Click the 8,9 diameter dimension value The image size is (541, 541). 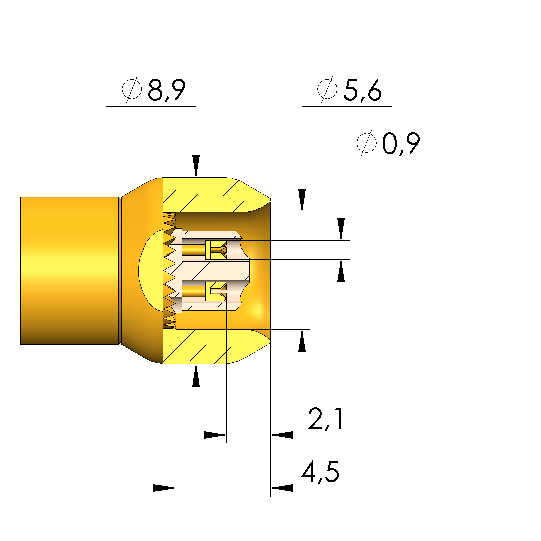tap(167, 90)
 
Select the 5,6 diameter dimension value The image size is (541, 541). tap(363, 90)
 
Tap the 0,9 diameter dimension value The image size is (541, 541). tap(401, 143)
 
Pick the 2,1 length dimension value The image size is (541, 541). tap(326, 419)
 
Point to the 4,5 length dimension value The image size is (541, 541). tap(320, 471)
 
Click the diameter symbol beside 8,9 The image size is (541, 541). tap(132, 89)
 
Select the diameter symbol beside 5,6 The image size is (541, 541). tap(327, 89)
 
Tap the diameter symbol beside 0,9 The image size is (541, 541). tap(366, 143)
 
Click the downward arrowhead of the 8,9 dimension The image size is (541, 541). tap(196, 166)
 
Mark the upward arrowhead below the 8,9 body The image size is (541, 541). tap(196, 375)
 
